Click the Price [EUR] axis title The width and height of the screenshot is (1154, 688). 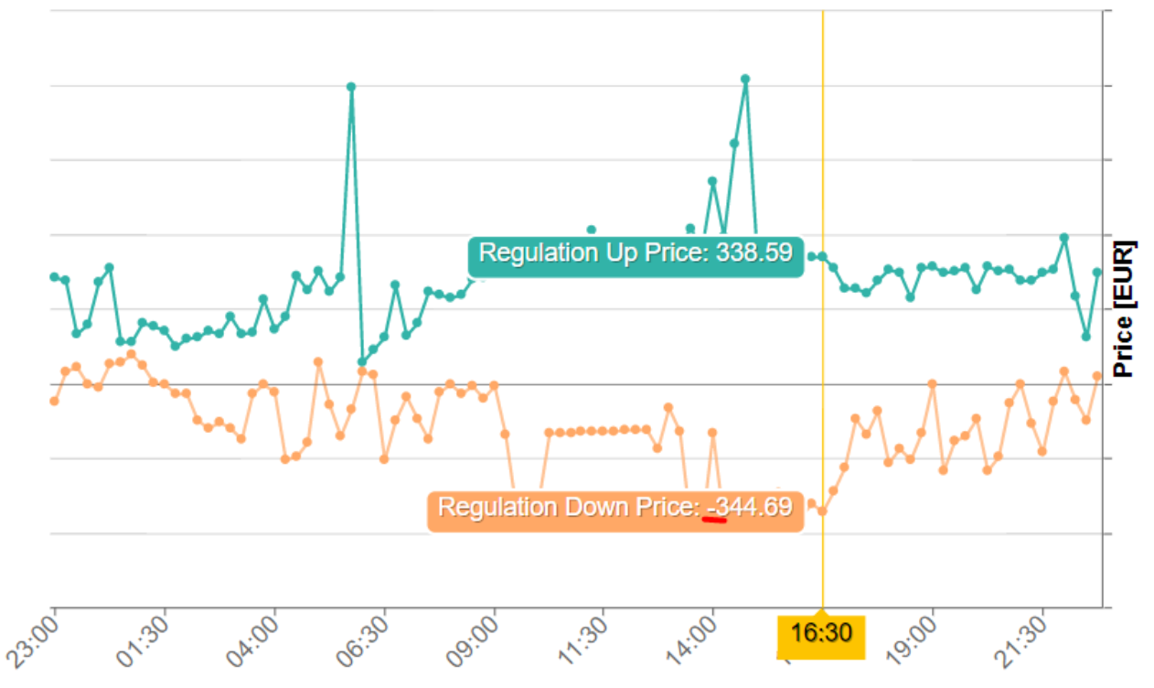(1123, 308)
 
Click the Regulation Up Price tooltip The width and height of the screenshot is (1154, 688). (636, 253)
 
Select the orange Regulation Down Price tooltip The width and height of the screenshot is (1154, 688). (614, 508)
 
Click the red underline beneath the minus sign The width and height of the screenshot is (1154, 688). (713, 520)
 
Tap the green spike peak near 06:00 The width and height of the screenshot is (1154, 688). (351, 87)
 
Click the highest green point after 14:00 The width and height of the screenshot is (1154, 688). (745, 79)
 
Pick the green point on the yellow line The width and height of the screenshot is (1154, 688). (822, 256)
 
